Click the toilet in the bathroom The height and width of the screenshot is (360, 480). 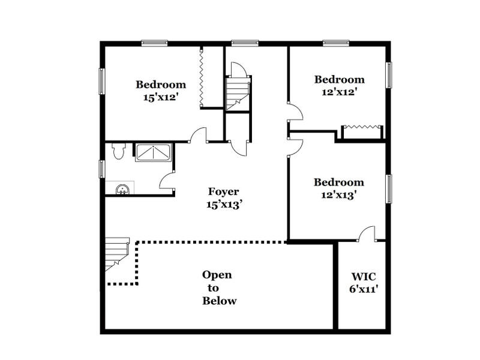tap(118, 151)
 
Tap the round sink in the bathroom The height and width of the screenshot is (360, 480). tap(122, 190)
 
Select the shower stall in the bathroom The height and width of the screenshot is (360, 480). tap(153, 152)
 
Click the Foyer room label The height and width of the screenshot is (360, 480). tap(224, 192)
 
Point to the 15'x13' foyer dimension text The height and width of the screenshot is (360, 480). tap(224, 204)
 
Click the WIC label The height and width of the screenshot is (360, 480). tap(363, 277)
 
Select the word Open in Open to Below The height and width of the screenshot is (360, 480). tap(217, 275)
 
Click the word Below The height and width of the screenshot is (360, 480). tap(219, 301)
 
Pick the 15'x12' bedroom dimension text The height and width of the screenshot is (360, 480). tap(161, 97)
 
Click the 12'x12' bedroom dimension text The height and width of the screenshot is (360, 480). tap(339, 92)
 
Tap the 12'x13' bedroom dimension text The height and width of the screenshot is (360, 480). tap(339, 194)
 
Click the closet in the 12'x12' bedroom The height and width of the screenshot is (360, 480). tap(362, 131)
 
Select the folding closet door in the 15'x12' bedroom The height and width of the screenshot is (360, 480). tap(203, 77)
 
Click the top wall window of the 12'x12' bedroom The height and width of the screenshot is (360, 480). tap(336, 43)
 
